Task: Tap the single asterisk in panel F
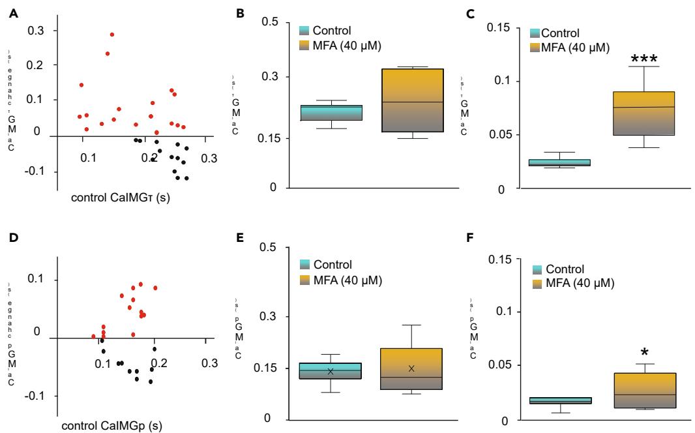[x=644, y=354]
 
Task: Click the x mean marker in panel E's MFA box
[x=411, y=368]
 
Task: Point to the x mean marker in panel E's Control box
[x=331, y=371]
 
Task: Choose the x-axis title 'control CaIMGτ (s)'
[x=121, y=196]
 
